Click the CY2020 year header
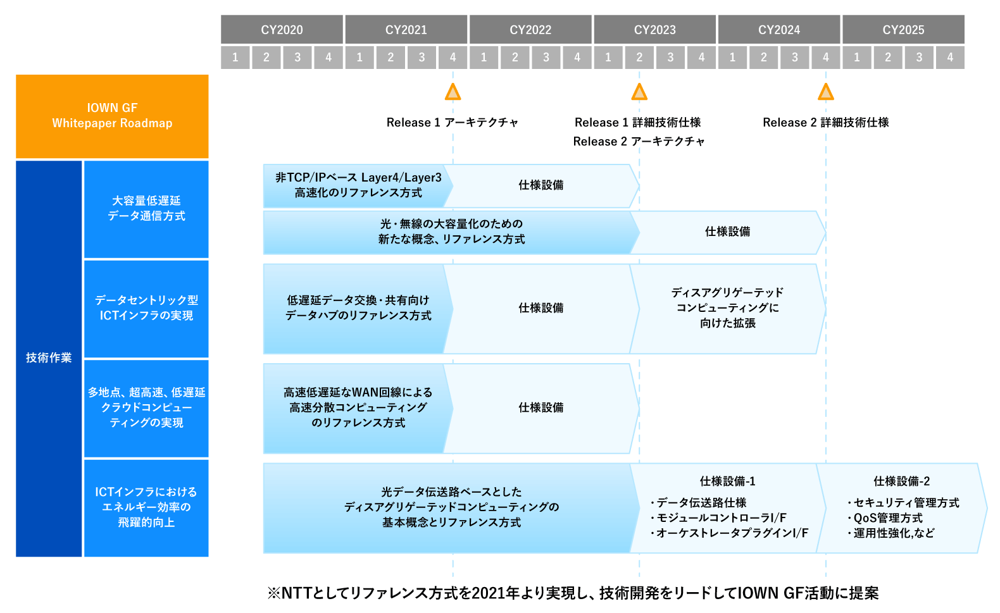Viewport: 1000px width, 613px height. click(x=282, y=30)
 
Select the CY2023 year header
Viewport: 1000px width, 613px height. click(x=654, y=30)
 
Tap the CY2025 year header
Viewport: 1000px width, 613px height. click(x=903, y=30)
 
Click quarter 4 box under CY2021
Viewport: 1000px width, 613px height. click(x=453, y=58)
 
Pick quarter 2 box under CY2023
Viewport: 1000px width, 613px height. click(x=639, y=58)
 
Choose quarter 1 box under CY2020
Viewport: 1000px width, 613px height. click(x=235, y=58)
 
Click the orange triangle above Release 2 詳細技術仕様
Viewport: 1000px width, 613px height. click(x=826, y=92)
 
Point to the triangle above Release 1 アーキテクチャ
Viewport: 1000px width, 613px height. click(x=453, y=92)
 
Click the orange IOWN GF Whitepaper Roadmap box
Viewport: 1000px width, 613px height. click(x=112, y=116)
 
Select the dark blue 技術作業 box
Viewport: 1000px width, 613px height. click(x=49, y=358)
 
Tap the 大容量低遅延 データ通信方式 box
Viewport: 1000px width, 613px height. click(x=146, y=209)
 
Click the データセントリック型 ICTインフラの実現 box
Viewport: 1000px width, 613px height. click(x=146, y=309)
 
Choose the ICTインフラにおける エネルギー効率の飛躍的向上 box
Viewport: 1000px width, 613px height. click(x=146, y=508)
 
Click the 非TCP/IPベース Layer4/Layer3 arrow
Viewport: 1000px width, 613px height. click(x=358, y=185)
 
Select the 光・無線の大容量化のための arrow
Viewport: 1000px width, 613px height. click(x=451, y=232)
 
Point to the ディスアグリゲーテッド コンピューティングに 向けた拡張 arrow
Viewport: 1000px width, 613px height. click(x=728, y=309)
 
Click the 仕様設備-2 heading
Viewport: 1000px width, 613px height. click(x=901, y=481)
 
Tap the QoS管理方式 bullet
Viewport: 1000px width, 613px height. click(x=885, y=518)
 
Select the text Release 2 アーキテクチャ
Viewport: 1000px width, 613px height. click(x=639, y=142)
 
